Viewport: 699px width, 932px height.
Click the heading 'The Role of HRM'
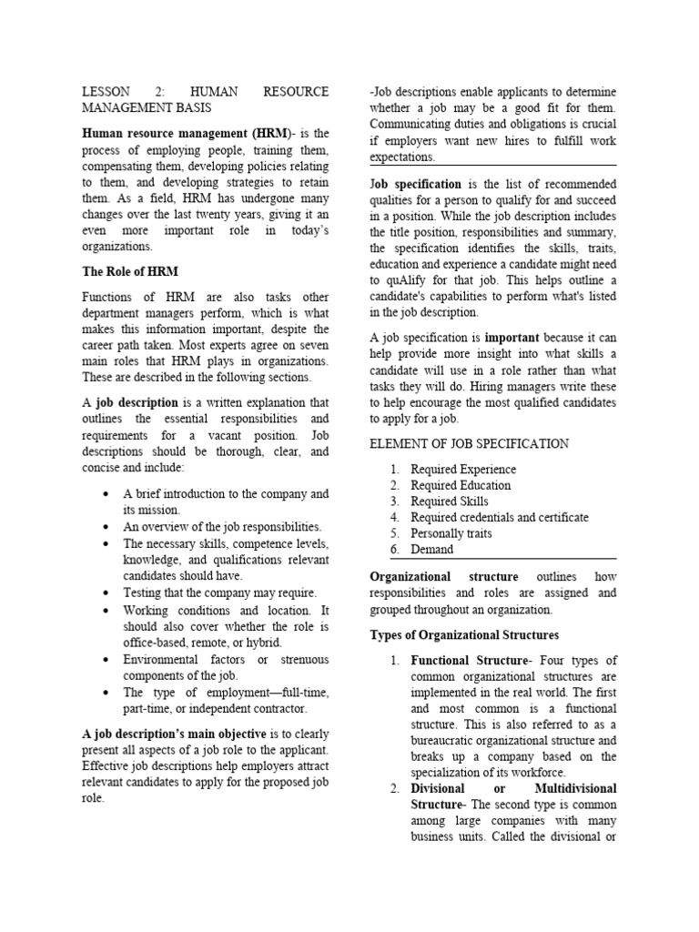pos(130,271)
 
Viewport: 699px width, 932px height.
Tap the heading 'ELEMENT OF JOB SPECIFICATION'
pos(469,443)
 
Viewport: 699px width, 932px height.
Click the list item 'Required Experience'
pos(462,470)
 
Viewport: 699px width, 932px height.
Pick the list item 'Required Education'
pos(461,486)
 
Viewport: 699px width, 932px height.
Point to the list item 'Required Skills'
pos(449,501)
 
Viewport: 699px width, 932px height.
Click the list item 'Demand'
pos(431,550)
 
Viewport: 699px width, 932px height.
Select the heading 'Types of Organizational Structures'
pos(463,634)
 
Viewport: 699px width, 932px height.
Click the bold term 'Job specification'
pos(415,184)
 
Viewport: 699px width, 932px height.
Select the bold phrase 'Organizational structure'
pos(443,577)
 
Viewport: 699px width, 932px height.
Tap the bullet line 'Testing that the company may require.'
pos(219,593)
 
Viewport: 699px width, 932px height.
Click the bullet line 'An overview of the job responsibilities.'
pos(222,527)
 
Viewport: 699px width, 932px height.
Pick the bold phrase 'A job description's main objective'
pos(174,734)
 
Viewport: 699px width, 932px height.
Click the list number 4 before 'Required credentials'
pos(394,518)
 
